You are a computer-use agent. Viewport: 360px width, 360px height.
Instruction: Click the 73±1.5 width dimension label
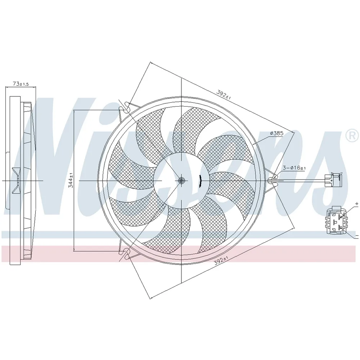[21, 84]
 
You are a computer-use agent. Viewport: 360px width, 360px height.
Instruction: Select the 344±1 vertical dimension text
[71, 180]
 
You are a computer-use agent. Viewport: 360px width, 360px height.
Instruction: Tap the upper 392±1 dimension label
[224, 94]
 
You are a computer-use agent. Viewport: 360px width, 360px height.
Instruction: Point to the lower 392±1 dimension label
[222, 261]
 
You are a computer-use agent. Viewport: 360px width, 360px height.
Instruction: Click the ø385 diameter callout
[276, 133]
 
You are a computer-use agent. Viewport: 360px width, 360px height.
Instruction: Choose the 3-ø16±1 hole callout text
[294, 168]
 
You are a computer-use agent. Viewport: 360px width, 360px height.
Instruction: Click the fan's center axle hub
[181, 181]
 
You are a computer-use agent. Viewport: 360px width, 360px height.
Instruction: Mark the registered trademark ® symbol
[352, 136]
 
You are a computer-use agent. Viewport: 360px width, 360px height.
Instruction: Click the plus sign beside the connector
[356, 204]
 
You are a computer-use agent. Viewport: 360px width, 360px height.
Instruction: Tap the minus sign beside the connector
[357, 235]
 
